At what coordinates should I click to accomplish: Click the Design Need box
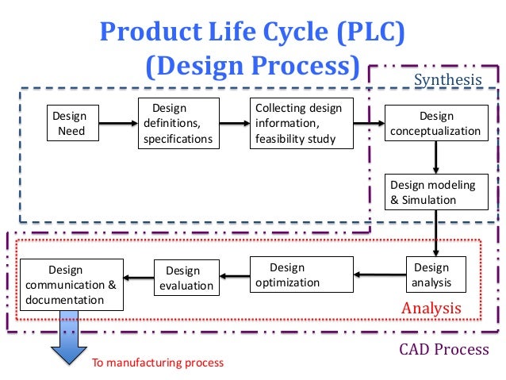(x=70, y=123)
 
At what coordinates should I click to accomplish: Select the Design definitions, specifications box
(x=178, y=123)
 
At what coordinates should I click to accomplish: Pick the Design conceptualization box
(x=436, y=123)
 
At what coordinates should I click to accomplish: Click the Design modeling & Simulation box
(x=436, y=192)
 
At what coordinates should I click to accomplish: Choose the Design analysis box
(x=431, y=275)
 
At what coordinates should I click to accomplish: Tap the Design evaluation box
(x=183, y=278)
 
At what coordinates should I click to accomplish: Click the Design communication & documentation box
(x=71, y=284)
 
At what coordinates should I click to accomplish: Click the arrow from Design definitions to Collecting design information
(x=234, y=124)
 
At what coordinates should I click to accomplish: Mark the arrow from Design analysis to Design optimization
(x=380, y=275)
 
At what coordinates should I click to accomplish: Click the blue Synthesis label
(x=448, y=79)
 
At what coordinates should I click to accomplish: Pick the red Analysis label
(x=431, y=308)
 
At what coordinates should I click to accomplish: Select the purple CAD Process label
(x=443, y=349)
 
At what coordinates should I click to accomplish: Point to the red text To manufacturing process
(x=158, y=363)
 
